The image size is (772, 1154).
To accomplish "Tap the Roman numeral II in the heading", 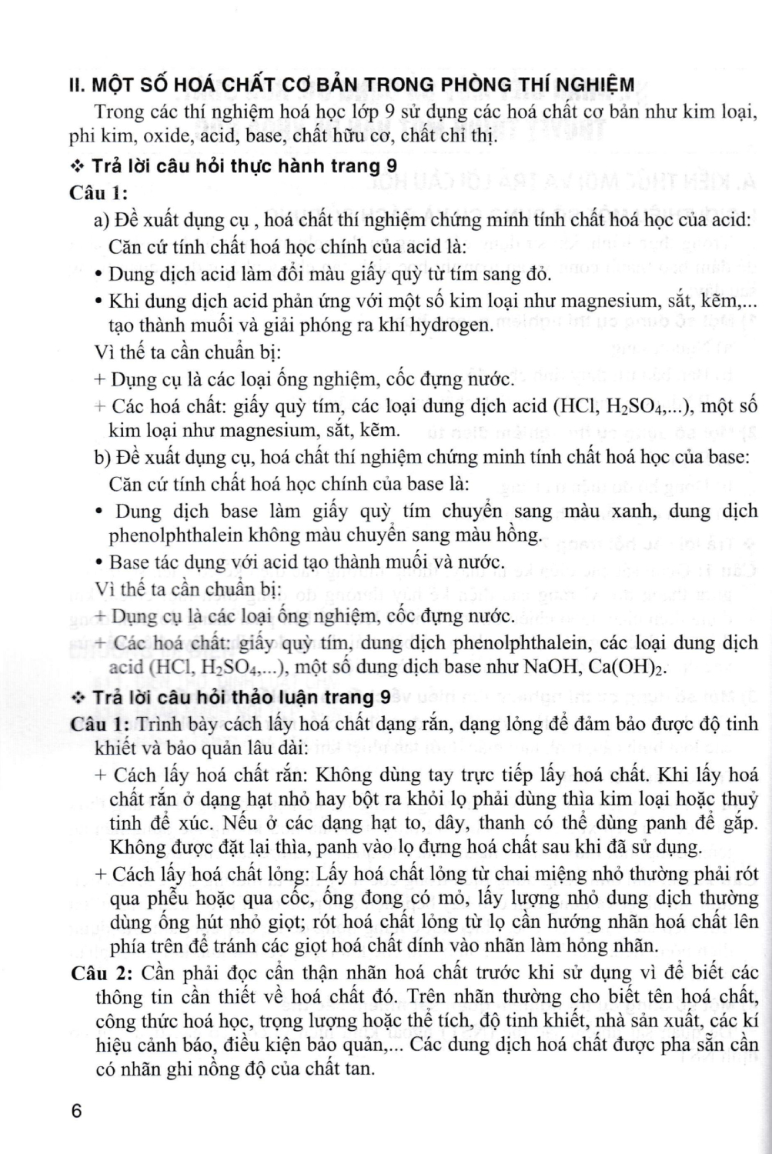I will coord(77,85).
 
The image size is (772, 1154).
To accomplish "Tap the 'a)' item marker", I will coord(102,221).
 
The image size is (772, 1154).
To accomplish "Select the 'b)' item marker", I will coord(103,457).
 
